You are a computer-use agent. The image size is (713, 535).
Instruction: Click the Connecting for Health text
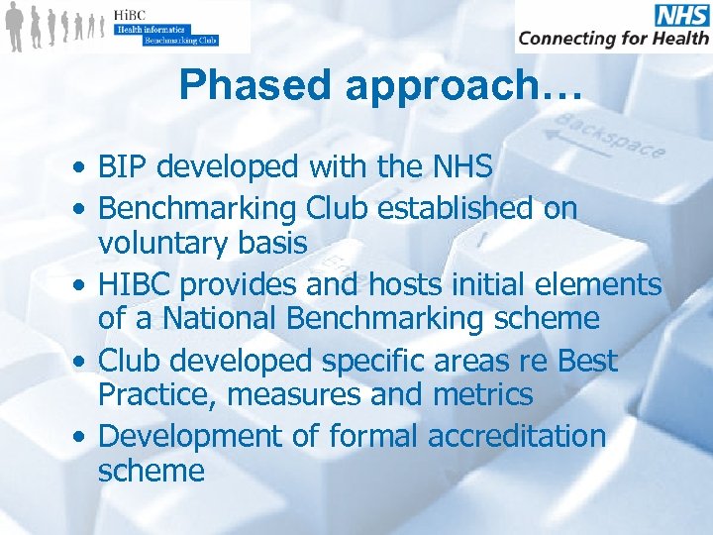613,39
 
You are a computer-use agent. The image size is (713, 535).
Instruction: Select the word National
202,318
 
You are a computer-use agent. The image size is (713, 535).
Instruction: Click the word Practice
157,394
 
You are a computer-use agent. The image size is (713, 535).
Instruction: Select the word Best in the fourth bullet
587,361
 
